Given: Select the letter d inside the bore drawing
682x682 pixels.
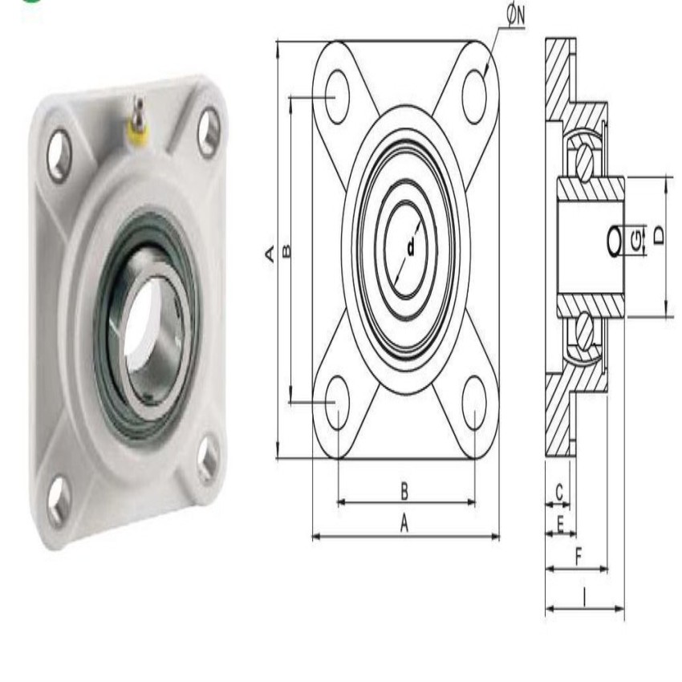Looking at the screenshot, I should click(x=411, y=248).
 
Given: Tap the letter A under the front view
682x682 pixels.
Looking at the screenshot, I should click(x=404, y=523).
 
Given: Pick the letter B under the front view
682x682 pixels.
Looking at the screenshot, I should click(x=404, y=489).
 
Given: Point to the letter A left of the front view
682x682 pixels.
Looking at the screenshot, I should click(x=270, y=253).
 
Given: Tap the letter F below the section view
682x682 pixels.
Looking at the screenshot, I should click(x=576, y=556).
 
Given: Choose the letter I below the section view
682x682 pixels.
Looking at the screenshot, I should click(x=584, y=595).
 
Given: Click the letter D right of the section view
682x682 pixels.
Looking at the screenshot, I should click(x=658, y=235).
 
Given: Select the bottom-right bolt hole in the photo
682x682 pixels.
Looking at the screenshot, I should click(x=208, y=460).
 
